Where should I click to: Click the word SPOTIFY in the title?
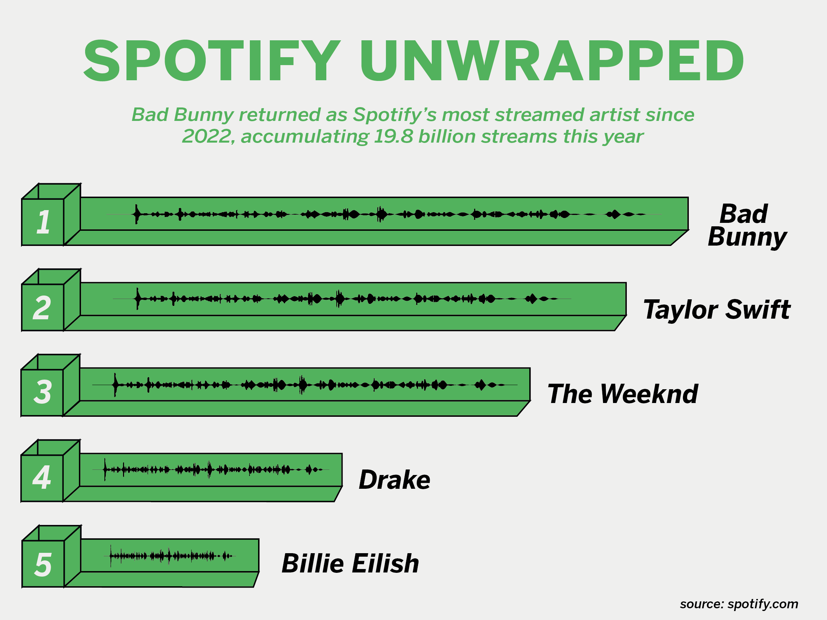[x=212, y=60]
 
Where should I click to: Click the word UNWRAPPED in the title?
[x=552, y=60]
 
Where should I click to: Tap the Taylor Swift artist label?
[x=717, y=310]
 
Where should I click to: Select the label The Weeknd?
[x=623, y=394]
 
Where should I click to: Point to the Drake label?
[x=395, y=479]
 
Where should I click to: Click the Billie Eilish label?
[x=350, y=563]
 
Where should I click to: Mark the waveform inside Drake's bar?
[x=211, y=469]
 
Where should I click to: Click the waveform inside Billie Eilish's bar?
[x=170, y=556]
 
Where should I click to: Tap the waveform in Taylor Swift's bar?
[x=342, y=299]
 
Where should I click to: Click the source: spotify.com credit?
[x=739, y=604]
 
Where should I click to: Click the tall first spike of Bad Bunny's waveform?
[x=137, y=214]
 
